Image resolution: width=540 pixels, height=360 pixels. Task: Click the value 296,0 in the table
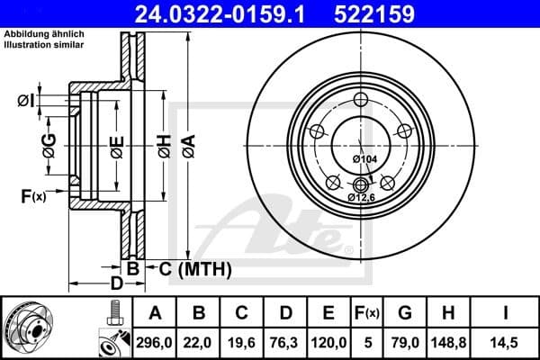(155, 343)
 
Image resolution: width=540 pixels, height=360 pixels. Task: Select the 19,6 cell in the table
(242, 343)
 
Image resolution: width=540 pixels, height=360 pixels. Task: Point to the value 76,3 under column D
(285, 343)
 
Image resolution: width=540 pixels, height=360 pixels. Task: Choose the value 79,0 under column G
(404, 343)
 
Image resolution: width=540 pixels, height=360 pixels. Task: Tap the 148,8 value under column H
(447, 343)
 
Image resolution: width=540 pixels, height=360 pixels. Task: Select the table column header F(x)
(367, 313)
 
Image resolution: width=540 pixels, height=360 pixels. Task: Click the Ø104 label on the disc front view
(364, 159)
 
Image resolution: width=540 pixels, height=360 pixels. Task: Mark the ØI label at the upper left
(27, 101)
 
